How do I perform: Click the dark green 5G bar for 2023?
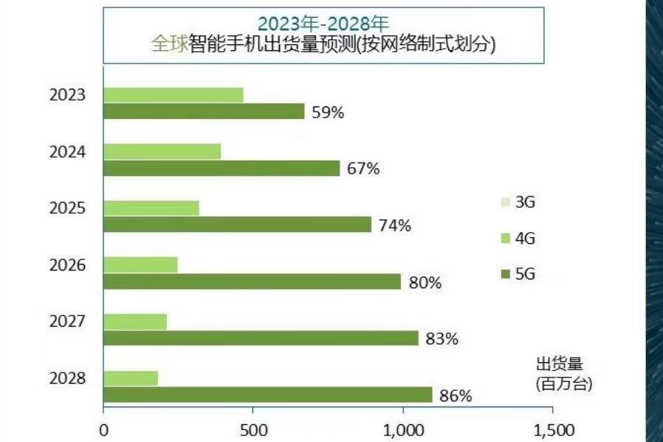click(204, 112)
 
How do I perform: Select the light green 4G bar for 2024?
click(162, 152)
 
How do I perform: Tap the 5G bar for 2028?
click(267, 395)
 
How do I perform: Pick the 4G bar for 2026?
click(140, 265)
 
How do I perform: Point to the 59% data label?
click(329, 112)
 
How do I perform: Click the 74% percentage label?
click(395, 225)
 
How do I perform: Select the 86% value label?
click(456, 395)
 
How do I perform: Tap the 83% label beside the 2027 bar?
click(442, 339)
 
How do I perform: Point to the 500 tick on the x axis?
click(253, 430)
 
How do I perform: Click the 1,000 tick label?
click(403, 430)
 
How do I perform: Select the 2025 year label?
click(68, 208)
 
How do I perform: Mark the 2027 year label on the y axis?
click(68, 322)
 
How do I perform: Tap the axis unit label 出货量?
click(559, 364)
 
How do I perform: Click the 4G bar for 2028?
click(131, 378)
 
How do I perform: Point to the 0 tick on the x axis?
click(103, 430)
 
